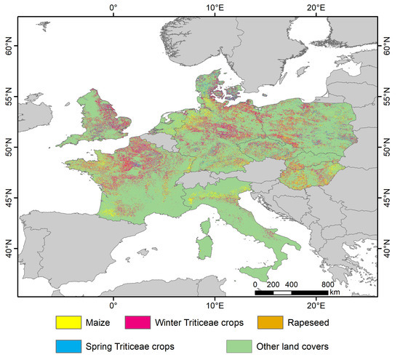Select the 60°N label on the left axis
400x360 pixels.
coord(9,49)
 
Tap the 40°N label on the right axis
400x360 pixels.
coord(391,252)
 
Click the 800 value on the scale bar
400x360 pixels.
coord(327,284)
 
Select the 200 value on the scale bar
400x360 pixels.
coord(273,284)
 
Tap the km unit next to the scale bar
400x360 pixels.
coord(333,293)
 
